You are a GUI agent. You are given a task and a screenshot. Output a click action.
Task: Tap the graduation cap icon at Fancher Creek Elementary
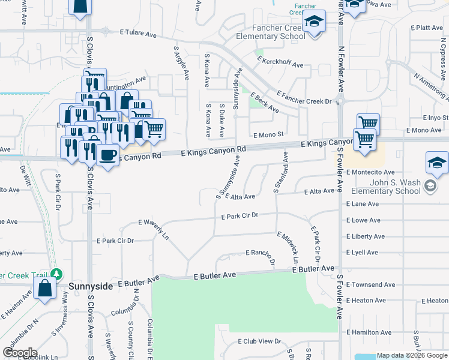[x=313, y=22]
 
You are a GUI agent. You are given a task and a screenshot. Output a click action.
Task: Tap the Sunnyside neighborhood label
[x=90, y=287]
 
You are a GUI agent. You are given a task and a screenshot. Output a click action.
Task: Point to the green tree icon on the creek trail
[x=56, y=274]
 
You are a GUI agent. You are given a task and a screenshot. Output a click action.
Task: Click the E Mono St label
[x=268, y=136]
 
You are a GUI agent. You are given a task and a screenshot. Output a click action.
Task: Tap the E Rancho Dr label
[x=260, y=254]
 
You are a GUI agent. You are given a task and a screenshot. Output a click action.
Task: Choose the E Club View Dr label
[x=259, y=341]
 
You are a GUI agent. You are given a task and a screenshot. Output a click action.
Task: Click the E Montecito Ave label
[x=370, y=172]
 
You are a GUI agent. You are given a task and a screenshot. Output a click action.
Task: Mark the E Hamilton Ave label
[x=369, y=332]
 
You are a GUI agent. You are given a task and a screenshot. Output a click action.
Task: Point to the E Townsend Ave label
[x=370, y=284]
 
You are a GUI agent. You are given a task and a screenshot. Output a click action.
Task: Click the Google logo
[x=20, y=353]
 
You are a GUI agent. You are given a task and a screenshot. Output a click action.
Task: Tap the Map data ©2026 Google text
[x=411, y=355]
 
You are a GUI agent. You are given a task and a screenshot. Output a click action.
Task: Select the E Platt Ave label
[x=427, y=28]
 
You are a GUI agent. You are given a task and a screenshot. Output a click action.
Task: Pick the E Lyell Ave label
[x=366, y=253]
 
